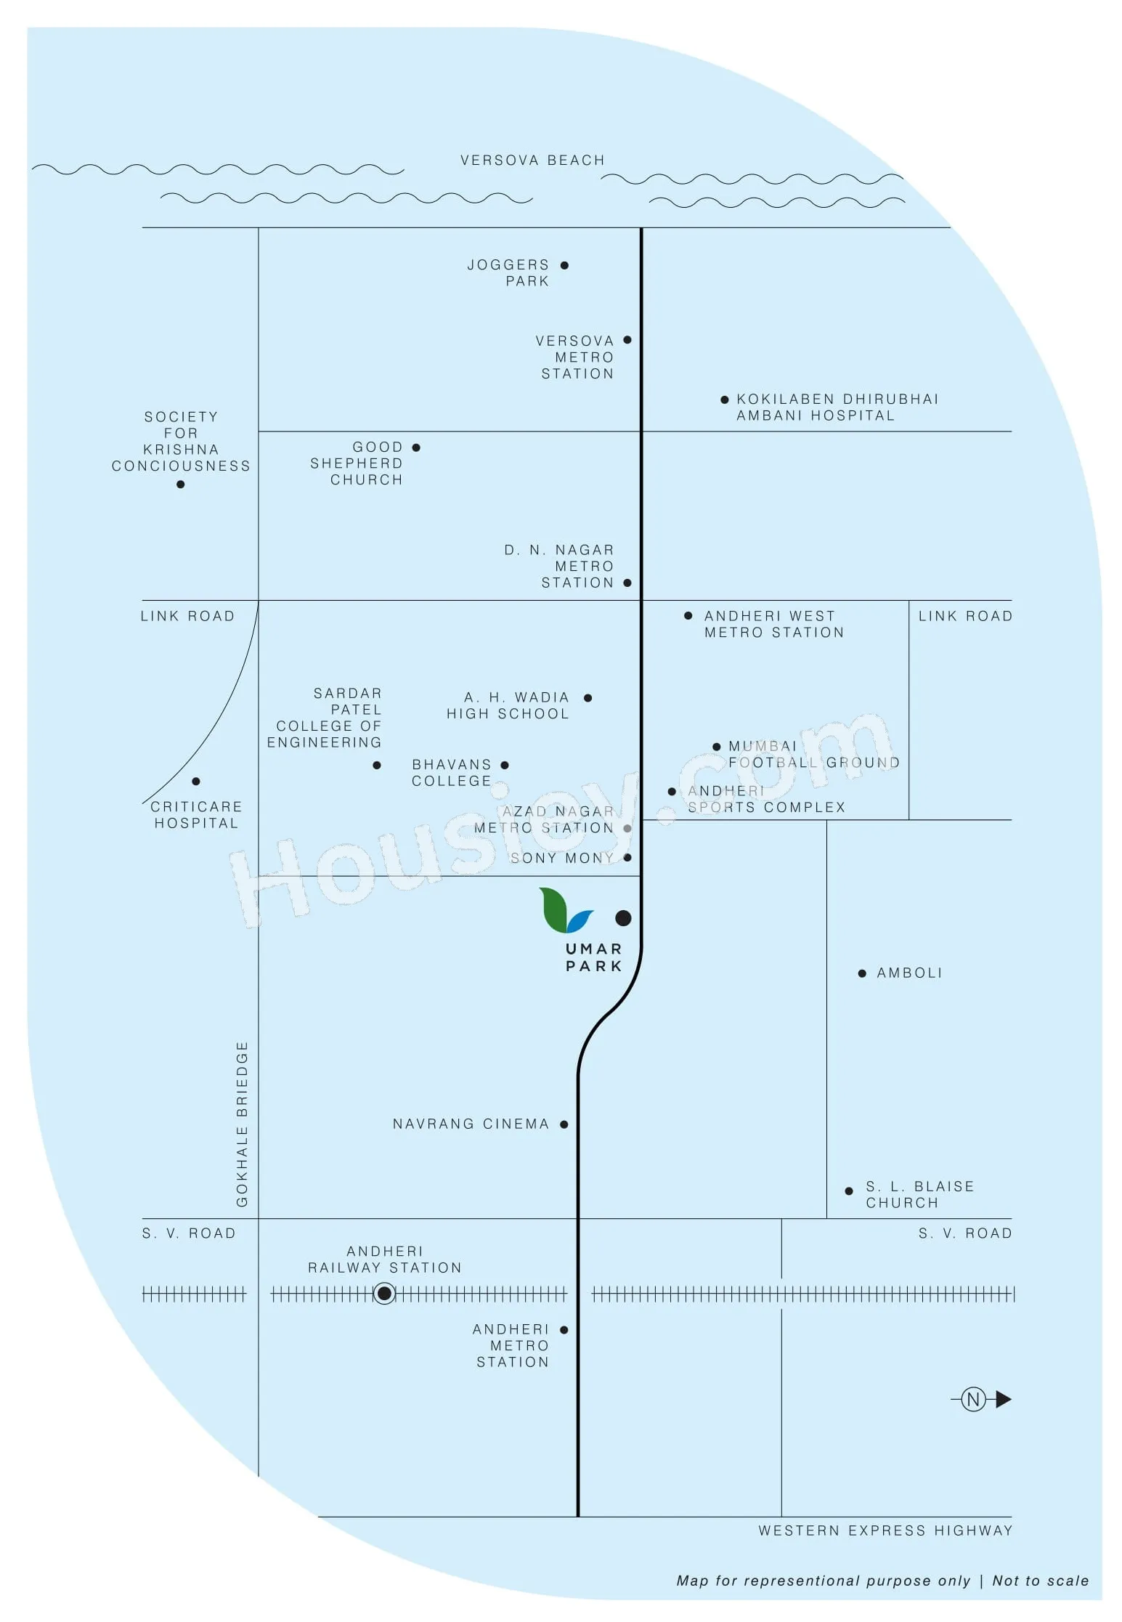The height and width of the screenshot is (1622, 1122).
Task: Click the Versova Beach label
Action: coord(532,160)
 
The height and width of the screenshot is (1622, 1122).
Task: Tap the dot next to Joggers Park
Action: coord(564,265)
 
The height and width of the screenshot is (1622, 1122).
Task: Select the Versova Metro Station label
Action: coord(575,357)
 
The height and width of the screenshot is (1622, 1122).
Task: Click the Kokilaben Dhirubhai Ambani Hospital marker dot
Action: coord(724,400)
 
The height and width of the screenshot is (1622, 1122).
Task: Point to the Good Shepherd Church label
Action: coord(357,463)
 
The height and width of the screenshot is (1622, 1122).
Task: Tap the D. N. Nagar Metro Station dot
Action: coord(627,583)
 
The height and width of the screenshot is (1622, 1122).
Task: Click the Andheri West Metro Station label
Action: coord(774,624)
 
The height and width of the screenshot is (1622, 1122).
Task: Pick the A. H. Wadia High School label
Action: coord(508,705)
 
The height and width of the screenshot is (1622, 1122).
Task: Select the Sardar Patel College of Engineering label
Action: coord(324,717)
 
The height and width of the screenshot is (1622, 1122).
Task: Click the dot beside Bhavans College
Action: coord(505,765)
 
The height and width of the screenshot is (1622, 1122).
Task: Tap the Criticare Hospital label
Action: coord(196,814)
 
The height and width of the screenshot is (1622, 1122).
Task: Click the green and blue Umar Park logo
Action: coord(566,909)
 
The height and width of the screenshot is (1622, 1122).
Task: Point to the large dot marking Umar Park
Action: coord(623,918)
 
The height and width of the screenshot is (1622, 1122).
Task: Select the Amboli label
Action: coord(909,973)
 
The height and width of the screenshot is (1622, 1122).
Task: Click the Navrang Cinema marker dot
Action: coord(564,1124)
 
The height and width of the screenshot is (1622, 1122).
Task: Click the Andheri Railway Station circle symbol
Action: coord(384,1293)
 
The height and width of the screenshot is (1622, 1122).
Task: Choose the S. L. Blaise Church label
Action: coord(920,1194)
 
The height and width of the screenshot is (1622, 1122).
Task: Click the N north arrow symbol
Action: coord(981,1399)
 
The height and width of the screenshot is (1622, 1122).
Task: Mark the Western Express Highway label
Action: coord(885,1530)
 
